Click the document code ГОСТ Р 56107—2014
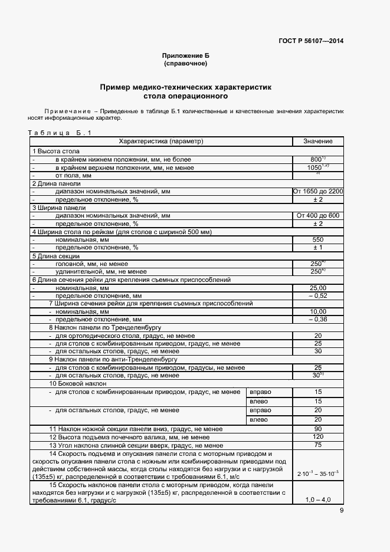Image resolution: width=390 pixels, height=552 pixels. pos(310,41)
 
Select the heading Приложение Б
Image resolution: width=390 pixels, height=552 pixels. pos(185,55)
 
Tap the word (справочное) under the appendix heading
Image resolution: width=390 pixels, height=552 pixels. pos(185,63)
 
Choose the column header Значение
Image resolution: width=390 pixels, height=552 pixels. pos(318,142)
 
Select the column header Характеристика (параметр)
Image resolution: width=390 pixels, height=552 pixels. pos(160,142)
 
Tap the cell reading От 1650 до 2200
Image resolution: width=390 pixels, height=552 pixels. pos(318,192)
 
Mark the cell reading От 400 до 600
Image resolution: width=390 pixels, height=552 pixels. pos(318,216)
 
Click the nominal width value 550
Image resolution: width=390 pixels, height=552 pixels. pos(317,240)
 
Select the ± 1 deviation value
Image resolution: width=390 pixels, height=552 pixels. pos(317,248)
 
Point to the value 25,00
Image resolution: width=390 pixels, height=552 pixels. pos(317,287)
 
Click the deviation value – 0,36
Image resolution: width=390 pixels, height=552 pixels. pos(317,319)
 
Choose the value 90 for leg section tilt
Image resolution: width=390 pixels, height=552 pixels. pos(317,429)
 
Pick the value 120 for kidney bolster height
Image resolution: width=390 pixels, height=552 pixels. pos(317,437)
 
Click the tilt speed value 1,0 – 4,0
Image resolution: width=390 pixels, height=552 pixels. pos(317,500)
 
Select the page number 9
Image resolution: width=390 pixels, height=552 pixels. pos(341,511)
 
